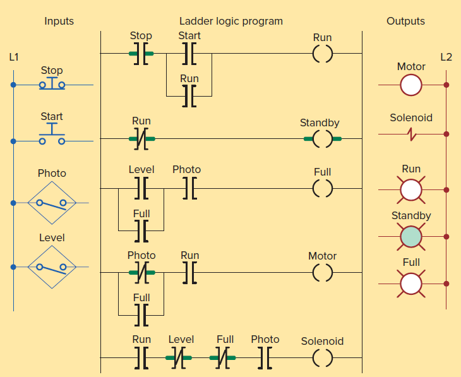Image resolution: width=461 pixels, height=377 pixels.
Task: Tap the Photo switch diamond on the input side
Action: click(x=52, y=203)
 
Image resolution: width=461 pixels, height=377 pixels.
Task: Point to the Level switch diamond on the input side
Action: click(x=52, y=267)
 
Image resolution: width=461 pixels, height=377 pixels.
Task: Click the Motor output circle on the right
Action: click(x=411, y=85)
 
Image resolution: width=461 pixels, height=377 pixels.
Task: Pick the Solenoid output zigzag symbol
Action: click(x=411, y=134)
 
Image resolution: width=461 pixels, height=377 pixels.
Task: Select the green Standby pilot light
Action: click(x=411, y=237)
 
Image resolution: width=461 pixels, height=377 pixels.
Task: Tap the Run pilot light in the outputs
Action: click(x=411, y=189)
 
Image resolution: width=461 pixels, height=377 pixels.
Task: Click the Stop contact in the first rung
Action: click(x=141, y=54)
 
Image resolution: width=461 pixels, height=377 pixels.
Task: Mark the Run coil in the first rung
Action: click(x=322, y=54)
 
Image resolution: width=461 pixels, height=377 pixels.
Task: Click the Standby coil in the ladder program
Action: click(x=322, y=138)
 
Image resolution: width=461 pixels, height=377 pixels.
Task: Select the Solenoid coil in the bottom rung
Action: click(x=322, y=357)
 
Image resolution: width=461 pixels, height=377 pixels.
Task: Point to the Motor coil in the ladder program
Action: click(x=322, y=272)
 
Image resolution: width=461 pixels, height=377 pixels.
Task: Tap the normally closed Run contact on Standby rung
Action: click(x=141, y=138)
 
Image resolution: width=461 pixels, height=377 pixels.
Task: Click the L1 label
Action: click(x=13, y=57)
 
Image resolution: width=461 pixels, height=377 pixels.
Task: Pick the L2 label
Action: click(x=446, y=57)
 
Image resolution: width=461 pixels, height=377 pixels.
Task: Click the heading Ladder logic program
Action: click(x=231, y=21)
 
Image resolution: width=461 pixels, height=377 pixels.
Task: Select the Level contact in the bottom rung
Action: click(x=181, y=357)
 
